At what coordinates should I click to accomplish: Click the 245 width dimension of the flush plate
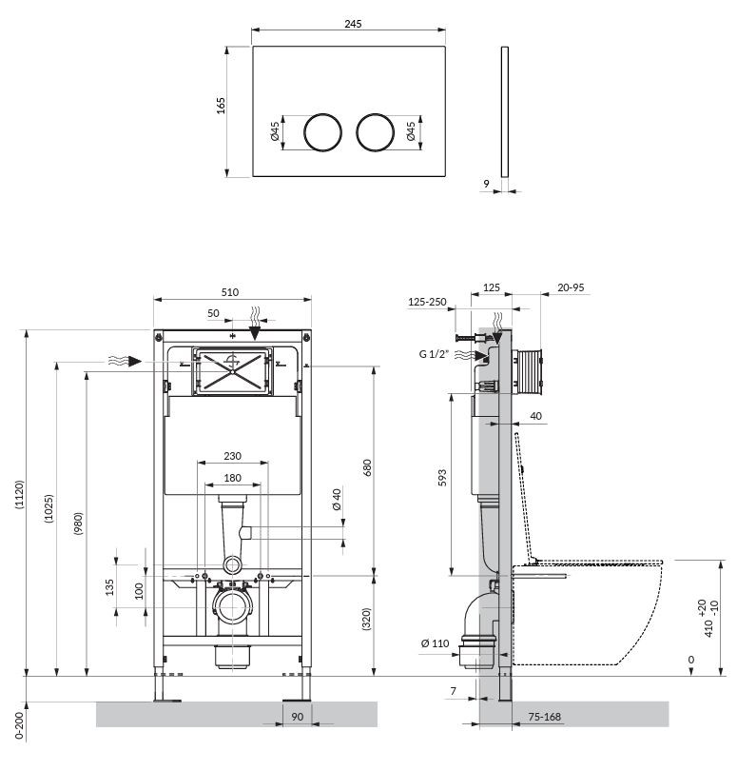(x=353, y=24)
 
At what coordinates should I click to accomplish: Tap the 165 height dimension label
(x=221, y=106)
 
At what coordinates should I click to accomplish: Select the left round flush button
(x=322, y=132)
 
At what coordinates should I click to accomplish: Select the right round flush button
(x=376, y=132)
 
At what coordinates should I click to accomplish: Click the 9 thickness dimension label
(x=487, y=184)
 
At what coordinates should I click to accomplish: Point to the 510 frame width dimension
(x=230, y=292)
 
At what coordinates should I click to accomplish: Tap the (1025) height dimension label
(x=48, y=508)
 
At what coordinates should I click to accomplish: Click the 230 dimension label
(x=232, y=456)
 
